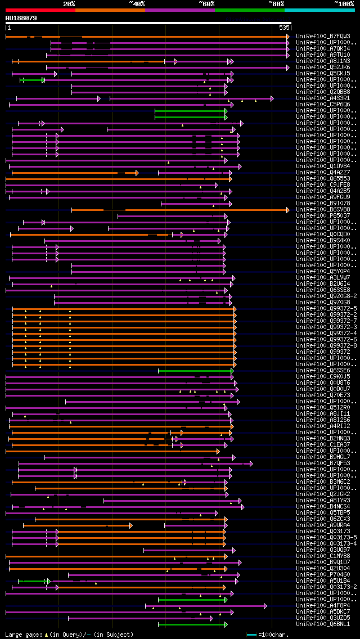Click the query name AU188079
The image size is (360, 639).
21,18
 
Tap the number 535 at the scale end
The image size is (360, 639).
284,28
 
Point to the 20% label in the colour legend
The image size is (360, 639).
69,4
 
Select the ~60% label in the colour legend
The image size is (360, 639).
206,4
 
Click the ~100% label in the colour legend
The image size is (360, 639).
344,4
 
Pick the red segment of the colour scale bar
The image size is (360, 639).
40,10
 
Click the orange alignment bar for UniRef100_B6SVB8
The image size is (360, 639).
180,210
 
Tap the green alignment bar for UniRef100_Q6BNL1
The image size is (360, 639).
192,624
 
